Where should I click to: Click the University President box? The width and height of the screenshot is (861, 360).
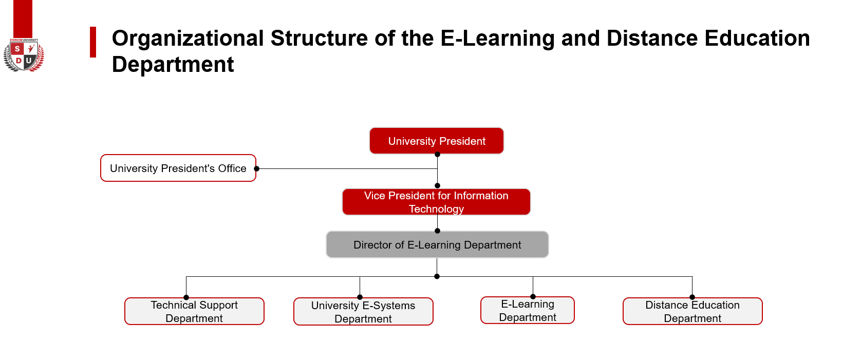(436, 141)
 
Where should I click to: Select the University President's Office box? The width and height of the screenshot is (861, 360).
(178, 168)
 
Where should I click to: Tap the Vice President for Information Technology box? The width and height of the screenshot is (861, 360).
(436, 202)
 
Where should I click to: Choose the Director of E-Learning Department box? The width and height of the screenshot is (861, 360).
(437, 244)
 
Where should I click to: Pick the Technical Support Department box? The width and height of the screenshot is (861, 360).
(194, 311)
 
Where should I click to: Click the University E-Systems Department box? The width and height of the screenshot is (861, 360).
(363, 312)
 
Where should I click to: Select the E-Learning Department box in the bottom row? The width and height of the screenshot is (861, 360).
(528, 310)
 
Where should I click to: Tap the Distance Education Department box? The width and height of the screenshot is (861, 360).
(692, 311)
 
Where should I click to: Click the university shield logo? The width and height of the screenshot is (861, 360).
(24, 55)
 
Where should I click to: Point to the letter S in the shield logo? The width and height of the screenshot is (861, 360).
(17, 49)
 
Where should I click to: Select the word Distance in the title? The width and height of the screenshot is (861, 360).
(652, 39)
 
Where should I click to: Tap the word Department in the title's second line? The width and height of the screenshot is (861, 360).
(173, 65)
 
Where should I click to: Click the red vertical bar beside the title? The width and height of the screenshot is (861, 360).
(92, 42)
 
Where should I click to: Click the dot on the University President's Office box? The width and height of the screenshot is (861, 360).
(257, 168)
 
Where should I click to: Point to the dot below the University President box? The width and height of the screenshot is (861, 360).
(437, 155)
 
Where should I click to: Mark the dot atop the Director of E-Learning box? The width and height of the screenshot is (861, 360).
(437, 231)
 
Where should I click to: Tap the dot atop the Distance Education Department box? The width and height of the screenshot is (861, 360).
(692, 297)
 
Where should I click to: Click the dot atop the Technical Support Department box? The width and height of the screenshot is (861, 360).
(186, 297)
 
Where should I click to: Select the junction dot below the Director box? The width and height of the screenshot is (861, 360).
(437, 277)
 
